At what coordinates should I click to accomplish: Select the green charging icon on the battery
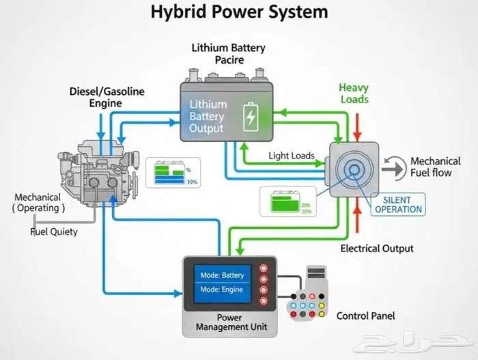251,115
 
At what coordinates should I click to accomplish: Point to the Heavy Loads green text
354,93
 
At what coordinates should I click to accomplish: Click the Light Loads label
292,156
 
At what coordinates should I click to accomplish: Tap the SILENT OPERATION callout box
398,204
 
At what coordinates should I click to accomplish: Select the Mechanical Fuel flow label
436,167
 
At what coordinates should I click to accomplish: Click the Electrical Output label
377,248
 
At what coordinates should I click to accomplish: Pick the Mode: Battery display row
222,275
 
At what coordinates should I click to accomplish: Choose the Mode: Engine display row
222,290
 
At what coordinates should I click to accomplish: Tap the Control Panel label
365,316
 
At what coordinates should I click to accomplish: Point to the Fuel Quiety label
54,232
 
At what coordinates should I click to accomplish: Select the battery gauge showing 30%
170,174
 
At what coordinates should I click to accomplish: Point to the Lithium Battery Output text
208,116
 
